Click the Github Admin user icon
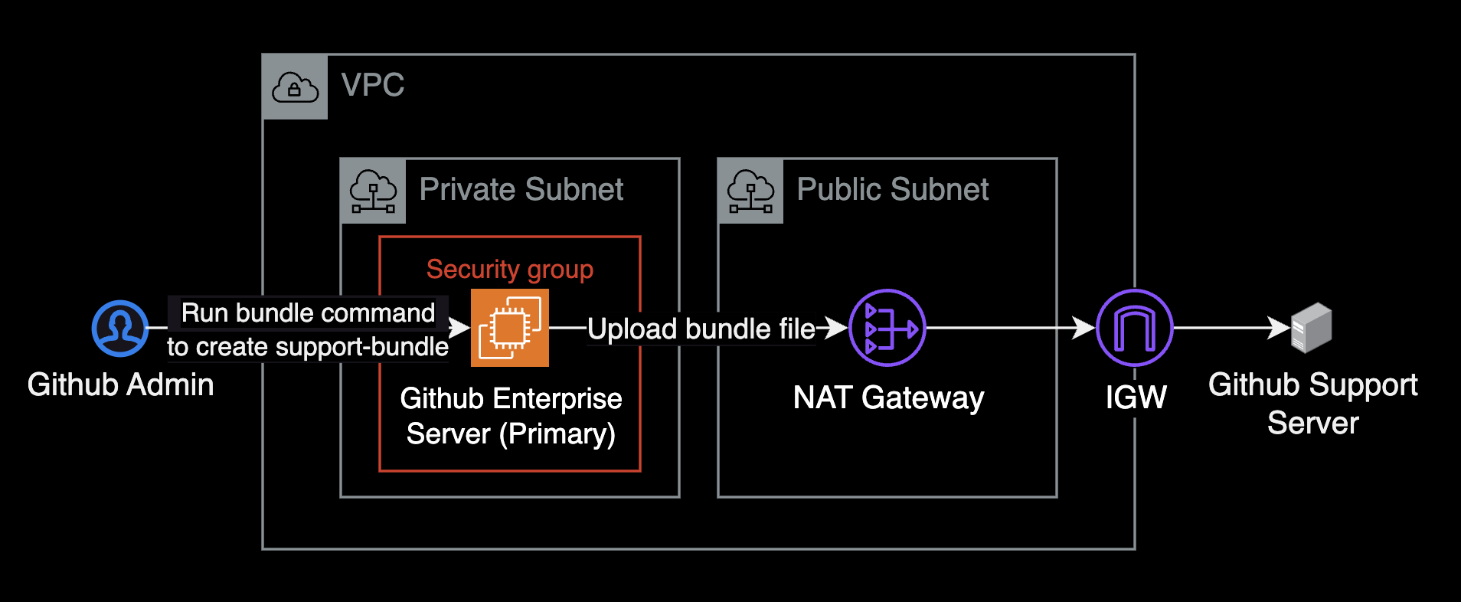coord(120,329)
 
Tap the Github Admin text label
coord(121,384)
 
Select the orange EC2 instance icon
coord(510,328)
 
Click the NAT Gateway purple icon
coord(887,328)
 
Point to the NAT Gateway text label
coord(888,398)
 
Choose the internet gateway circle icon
coord(1134,328)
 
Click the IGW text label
coord(1136,397)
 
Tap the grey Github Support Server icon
coord(1312,328)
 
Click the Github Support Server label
coord(1312,404)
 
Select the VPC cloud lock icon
coord(295,87)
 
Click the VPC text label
coord(373,85)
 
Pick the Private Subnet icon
coord(373,191)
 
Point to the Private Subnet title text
coord(521,190)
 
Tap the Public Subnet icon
coord(750,191)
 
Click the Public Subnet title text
coord(893,190)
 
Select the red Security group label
coord(510,270)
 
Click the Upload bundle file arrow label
coord(701,329)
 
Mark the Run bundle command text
coord(308,313)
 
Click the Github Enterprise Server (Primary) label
coord(511,416)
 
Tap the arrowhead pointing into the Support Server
coord(1280,328)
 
